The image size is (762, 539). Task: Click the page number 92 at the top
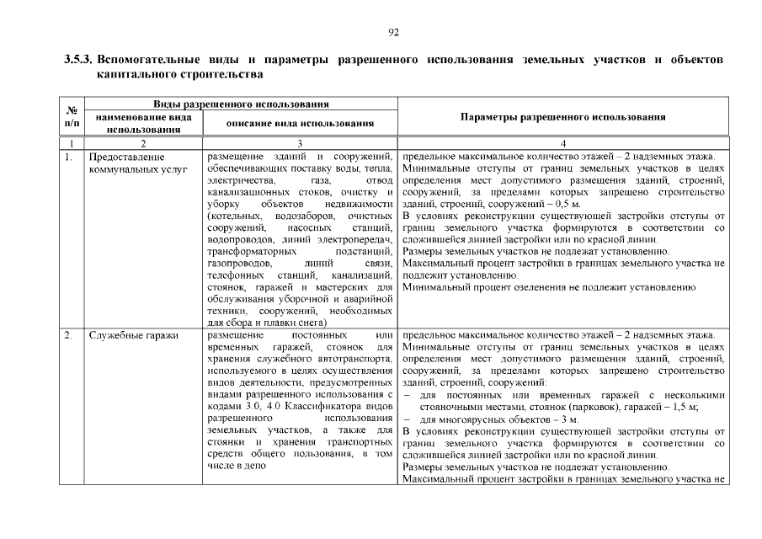(x=392, y=33)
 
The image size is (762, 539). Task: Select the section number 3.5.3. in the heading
(x=79, y=61)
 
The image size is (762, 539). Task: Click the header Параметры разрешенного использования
(x=563, y=117)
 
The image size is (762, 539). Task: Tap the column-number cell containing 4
(x=563, y=144)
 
